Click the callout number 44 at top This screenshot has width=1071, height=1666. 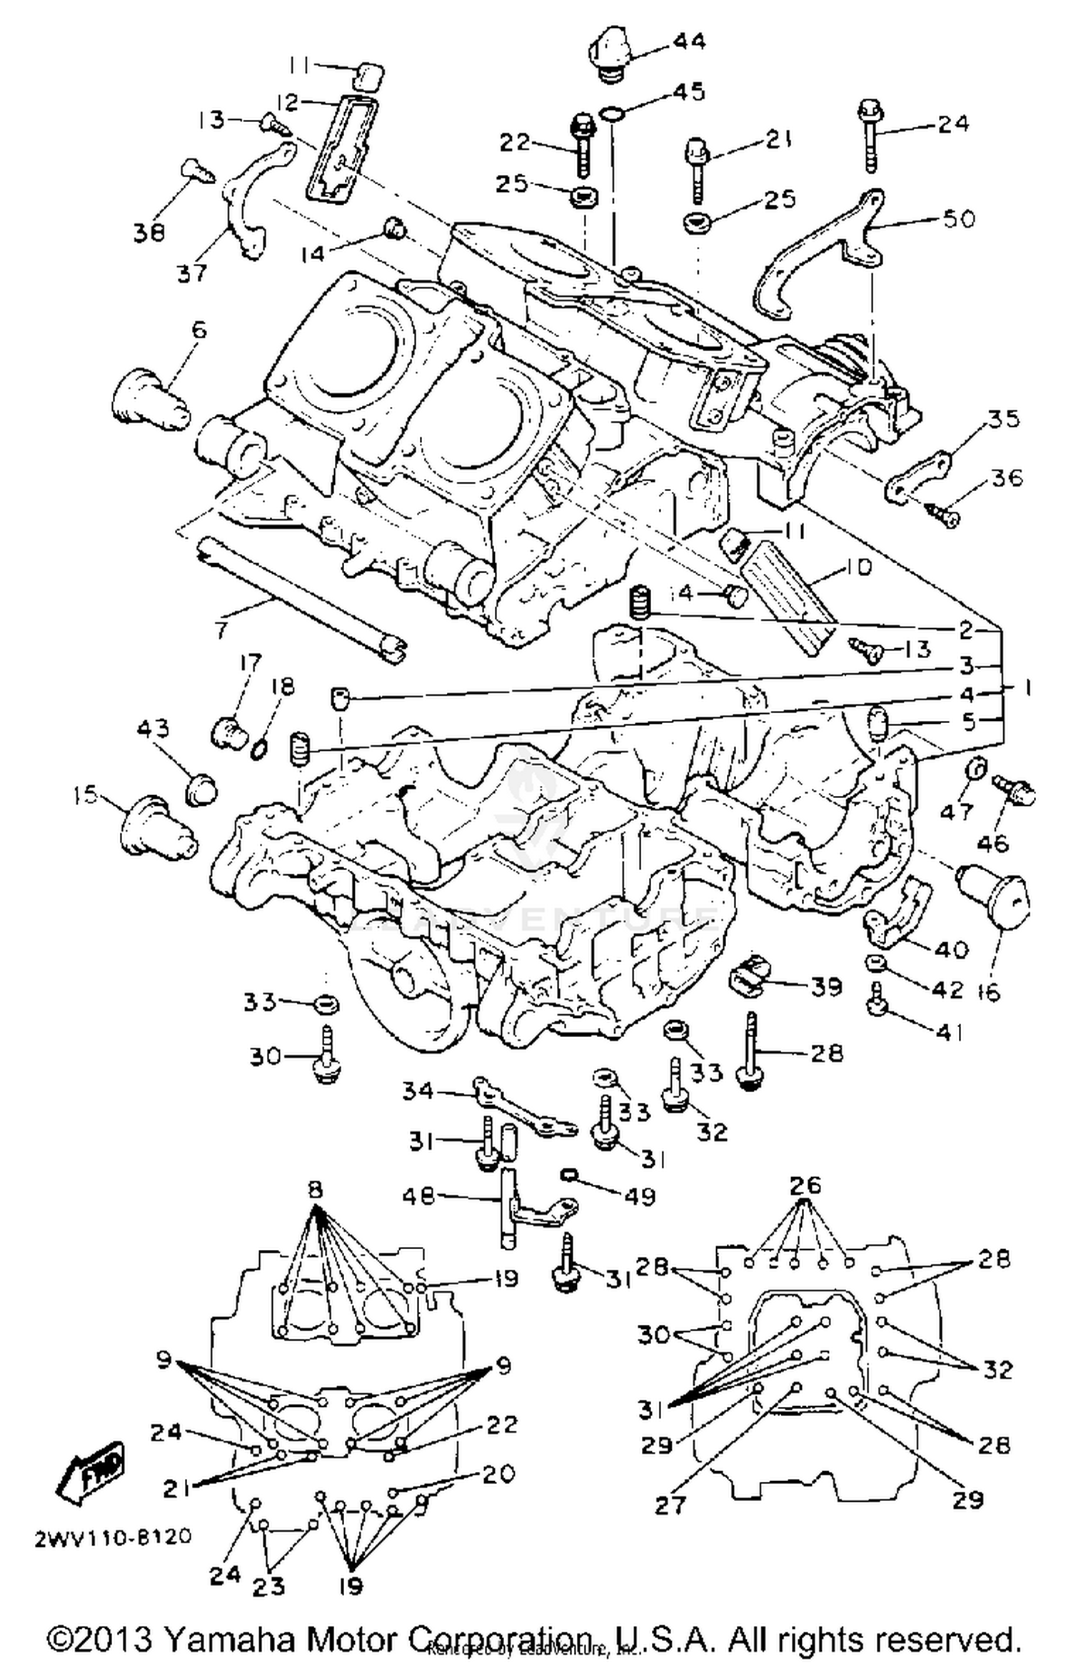point(688,42)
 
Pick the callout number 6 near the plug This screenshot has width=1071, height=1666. point(198,330)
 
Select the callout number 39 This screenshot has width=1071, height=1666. point(827,987)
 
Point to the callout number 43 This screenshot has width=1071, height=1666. point(153,728)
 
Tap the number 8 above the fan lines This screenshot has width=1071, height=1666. point(315,1189)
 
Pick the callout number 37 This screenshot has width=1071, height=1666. point(191,273)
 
